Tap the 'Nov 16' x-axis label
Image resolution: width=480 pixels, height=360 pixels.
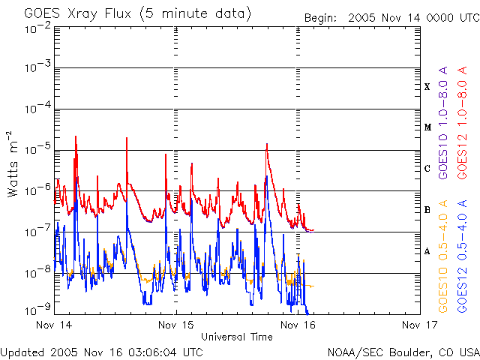(x=298, y=325)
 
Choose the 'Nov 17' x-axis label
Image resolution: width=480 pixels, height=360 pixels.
(x=419, y=325)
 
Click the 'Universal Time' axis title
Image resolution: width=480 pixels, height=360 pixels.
(x=236, y=337)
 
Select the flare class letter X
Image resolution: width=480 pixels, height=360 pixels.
(x=427, y=87)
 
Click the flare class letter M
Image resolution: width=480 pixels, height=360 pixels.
(x=427, y=127)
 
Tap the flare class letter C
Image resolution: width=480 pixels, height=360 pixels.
(x=427, y=169)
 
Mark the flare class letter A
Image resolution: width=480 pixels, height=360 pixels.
(x=427, y=251)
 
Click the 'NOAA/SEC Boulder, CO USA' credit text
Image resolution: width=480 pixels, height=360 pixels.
(x=403, y=352)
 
